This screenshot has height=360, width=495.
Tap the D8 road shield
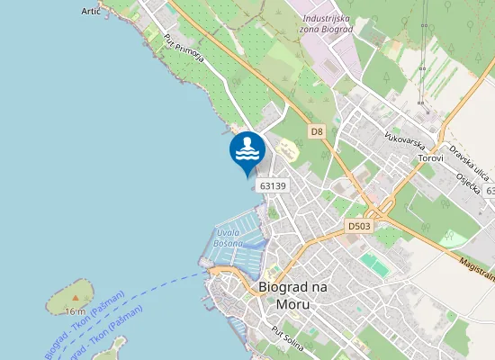[x=316, y=131]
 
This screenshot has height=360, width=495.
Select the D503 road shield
[x=359, y=226]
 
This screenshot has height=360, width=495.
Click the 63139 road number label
[x=272, y=185]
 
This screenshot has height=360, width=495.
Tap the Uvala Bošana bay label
[x=231, y=238]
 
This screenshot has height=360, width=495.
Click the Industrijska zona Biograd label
[x=328, y=23]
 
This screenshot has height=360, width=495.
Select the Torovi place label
[x=430, y=158]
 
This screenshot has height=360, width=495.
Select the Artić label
[x=91, y=11]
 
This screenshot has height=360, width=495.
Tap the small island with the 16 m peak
[x=70, y=292]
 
